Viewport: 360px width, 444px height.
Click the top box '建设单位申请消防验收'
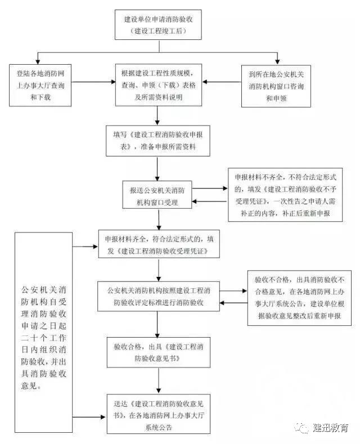158,25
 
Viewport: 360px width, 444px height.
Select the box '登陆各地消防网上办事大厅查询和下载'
40,85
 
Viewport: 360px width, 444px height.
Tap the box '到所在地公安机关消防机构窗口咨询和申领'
276,86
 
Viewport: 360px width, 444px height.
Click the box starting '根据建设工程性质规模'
159,85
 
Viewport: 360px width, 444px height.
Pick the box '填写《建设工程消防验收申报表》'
158,141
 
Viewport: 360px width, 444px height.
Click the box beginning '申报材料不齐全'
285,195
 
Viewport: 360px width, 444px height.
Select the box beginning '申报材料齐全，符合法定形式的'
159,244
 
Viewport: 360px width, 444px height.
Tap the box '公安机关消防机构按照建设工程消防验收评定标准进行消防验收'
159,296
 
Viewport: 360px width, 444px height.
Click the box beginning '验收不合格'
299,298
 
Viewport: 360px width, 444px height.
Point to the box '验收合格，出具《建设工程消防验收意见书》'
159,352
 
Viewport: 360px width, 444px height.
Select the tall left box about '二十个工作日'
43,333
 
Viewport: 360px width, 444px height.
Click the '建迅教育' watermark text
330,428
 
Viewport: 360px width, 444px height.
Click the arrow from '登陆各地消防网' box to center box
93,82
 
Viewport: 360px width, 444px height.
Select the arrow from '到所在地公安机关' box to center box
222,82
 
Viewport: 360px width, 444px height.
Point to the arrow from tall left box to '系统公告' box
89,417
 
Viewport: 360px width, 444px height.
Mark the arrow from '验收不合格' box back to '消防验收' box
234,303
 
